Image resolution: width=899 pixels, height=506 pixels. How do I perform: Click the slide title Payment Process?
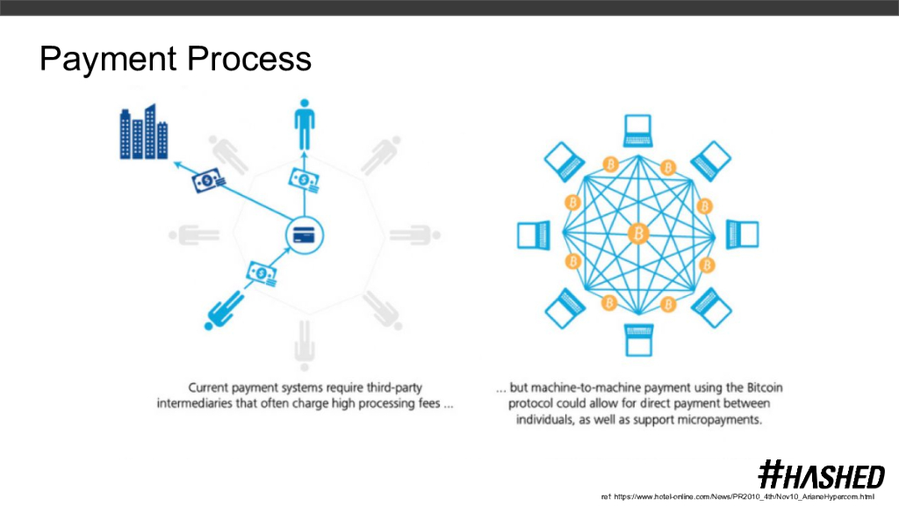pyautogui.click(x=176, y=60)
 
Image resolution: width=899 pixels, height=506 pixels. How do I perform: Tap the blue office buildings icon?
pyautogui.click(x=143, y=133)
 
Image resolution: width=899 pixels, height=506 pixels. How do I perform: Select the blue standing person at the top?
pyautogui.click(x=304, y=125)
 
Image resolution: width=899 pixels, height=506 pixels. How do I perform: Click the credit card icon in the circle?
pyautogui.click(x=305, y=235)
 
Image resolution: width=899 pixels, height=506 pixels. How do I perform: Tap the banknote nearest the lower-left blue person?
pyautogui.click(x=263, y=273)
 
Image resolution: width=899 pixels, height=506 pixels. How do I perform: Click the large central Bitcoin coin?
pyautogui.click(x=638, y=234)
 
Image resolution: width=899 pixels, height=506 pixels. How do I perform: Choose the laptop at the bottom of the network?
pyautogui.click(x=637, y=338)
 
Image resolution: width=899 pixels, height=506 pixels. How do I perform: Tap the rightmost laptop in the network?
pyautogui.click(x=742, y=235)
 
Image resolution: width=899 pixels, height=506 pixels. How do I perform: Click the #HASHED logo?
pyautogui.click(x=821, y=475)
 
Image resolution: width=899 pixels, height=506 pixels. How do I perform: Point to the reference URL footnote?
pyautogui.click(x=737, y=497)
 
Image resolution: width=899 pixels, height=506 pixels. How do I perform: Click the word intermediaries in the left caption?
pyautogui.click(x=208, y=404)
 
